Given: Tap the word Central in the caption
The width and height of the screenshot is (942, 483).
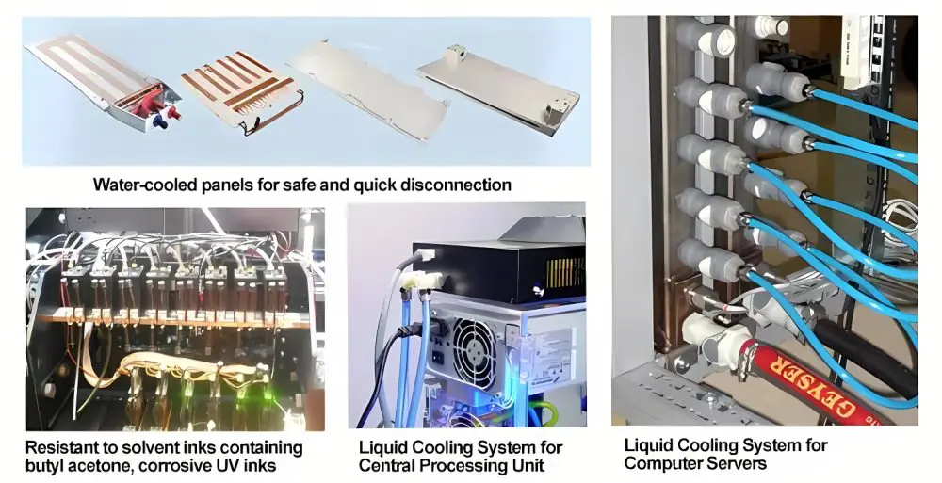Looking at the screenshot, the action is coord(385,465).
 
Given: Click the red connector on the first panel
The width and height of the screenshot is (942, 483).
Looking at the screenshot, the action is coord(173,113).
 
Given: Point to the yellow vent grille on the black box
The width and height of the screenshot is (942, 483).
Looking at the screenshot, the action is coord(564,272).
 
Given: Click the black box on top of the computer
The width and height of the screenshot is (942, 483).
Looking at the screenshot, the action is coord(498,271).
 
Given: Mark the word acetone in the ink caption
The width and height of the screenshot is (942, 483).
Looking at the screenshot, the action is coord(97,465).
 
